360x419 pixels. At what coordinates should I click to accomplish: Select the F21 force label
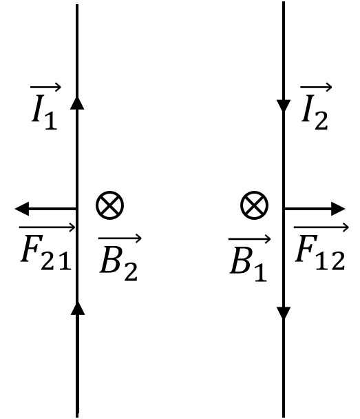click(x=47, y=247)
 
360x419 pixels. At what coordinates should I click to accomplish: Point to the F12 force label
click(x=320, y=247)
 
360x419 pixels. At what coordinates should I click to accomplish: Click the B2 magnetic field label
click(x=120, y=257)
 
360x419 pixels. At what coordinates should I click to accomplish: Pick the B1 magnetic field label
click(x=249, y=257)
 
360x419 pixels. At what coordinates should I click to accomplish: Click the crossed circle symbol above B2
click(x=109, y=205)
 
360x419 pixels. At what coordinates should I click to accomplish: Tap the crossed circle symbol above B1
click(x=254, y=205)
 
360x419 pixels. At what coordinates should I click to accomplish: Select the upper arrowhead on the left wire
click(x=77, y=103)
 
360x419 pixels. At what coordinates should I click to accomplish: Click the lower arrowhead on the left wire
click(x=77, y=308)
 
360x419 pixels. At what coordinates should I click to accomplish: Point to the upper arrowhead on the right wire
click(x=284, y=106)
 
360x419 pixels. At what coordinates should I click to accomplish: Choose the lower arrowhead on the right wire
click(x=284, y=313)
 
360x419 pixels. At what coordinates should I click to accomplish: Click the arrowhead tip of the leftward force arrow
click(x=15, y=208)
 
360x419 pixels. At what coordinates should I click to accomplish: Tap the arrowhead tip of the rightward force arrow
click(x=345, y=208)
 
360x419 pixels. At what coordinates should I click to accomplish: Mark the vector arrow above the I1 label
click(x=45, y=87)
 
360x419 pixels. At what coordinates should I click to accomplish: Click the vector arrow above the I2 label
click(x=316, y=87)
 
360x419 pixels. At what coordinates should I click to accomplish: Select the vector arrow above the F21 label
click(x=47, y=227)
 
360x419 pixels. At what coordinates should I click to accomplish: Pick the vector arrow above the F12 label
click(x=321, y=227)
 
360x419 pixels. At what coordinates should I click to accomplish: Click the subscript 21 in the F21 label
click(x=56, y=260)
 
